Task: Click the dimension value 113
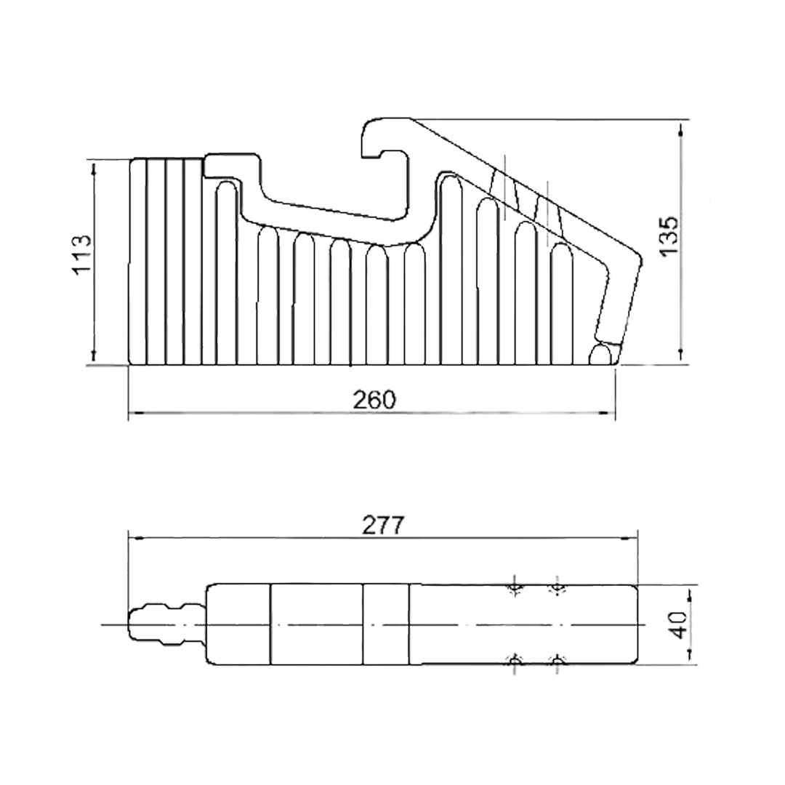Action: pos(82,254)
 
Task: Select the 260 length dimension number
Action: pos(374,400)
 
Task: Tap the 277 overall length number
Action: pos(383,526)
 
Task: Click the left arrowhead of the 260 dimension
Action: pos(136,413)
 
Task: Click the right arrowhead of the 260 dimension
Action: pos(608,413)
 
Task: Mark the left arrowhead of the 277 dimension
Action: pos(137,539)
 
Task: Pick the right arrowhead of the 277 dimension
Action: pos(629,539)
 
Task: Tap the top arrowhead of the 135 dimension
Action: pos(681,128)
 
